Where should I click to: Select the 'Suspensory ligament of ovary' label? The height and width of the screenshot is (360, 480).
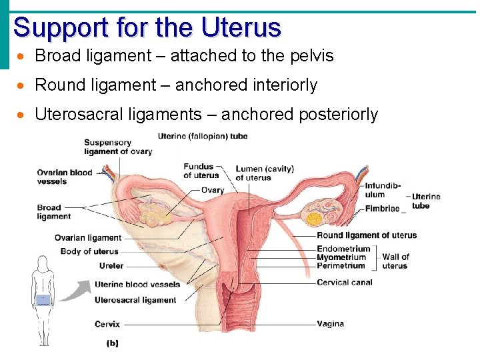(118, 147)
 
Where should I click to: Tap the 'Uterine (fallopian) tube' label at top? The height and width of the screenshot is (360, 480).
(203, 136)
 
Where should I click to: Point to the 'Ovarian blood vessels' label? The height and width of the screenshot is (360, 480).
(65, 177)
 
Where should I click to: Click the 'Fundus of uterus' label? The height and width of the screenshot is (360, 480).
(201, 171)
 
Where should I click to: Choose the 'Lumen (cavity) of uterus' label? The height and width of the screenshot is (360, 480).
(264, 173)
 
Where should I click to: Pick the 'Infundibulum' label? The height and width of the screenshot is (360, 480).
(383, 190)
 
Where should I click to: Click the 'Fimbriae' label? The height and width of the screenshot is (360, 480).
(382, 209)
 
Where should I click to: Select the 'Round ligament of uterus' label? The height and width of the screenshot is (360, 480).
(367, 235)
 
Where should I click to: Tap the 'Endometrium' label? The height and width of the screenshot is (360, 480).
(343, 249)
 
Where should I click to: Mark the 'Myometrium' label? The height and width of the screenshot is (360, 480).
(341, 257)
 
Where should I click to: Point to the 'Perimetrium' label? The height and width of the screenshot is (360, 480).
(341, 265)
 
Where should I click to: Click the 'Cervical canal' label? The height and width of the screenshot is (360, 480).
(345, 282)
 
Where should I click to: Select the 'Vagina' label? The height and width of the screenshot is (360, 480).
(331, 324)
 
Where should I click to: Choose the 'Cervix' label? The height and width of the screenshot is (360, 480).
(107, 324)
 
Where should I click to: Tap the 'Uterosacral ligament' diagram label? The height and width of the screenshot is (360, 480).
(135, 300)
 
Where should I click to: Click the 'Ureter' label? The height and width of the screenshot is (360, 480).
(111, 266)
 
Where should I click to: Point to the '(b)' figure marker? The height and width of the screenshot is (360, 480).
(113, 343)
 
